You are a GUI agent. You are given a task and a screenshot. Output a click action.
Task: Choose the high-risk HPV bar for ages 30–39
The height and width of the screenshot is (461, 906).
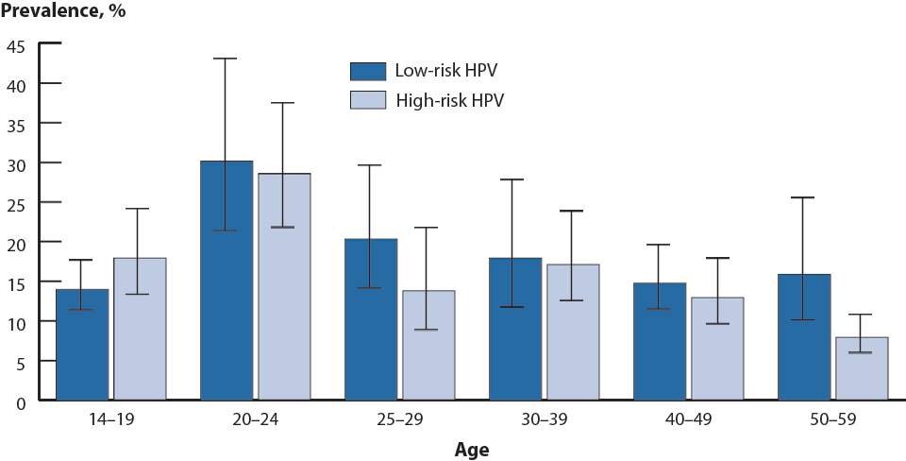[573, 332]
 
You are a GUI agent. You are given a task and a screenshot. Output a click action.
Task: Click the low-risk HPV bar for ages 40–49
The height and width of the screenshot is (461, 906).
[660, 341]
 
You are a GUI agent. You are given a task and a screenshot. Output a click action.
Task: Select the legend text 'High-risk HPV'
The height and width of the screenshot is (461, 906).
[450, 100]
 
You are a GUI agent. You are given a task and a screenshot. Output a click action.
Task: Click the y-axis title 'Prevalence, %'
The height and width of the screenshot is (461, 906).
[63, 12]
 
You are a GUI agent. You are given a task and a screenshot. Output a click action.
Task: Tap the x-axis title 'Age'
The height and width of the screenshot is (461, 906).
[472, 451]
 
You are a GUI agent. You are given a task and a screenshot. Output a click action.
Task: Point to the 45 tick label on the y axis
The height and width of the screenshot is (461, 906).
[17, 44]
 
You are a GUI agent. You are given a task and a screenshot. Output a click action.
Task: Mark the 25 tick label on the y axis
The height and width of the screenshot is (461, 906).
[17, 203]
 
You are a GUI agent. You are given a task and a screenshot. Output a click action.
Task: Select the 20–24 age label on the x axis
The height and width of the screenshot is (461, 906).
[255, 419]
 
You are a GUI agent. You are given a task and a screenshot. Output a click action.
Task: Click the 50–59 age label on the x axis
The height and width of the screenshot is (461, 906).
[832, 419]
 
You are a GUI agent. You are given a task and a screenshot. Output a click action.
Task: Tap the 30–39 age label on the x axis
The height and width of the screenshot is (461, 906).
[544, 419]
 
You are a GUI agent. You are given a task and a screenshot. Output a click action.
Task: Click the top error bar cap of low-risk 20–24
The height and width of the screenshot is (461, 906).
[226, 59]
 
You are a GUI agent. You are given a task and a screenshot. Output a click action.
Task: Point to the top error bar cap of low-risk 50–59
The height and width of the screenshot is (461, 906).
[804, 197]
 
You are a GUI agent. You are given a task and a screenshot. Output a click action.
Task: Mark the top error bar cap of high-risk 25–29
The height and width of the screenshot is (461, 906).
[428, 228]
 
